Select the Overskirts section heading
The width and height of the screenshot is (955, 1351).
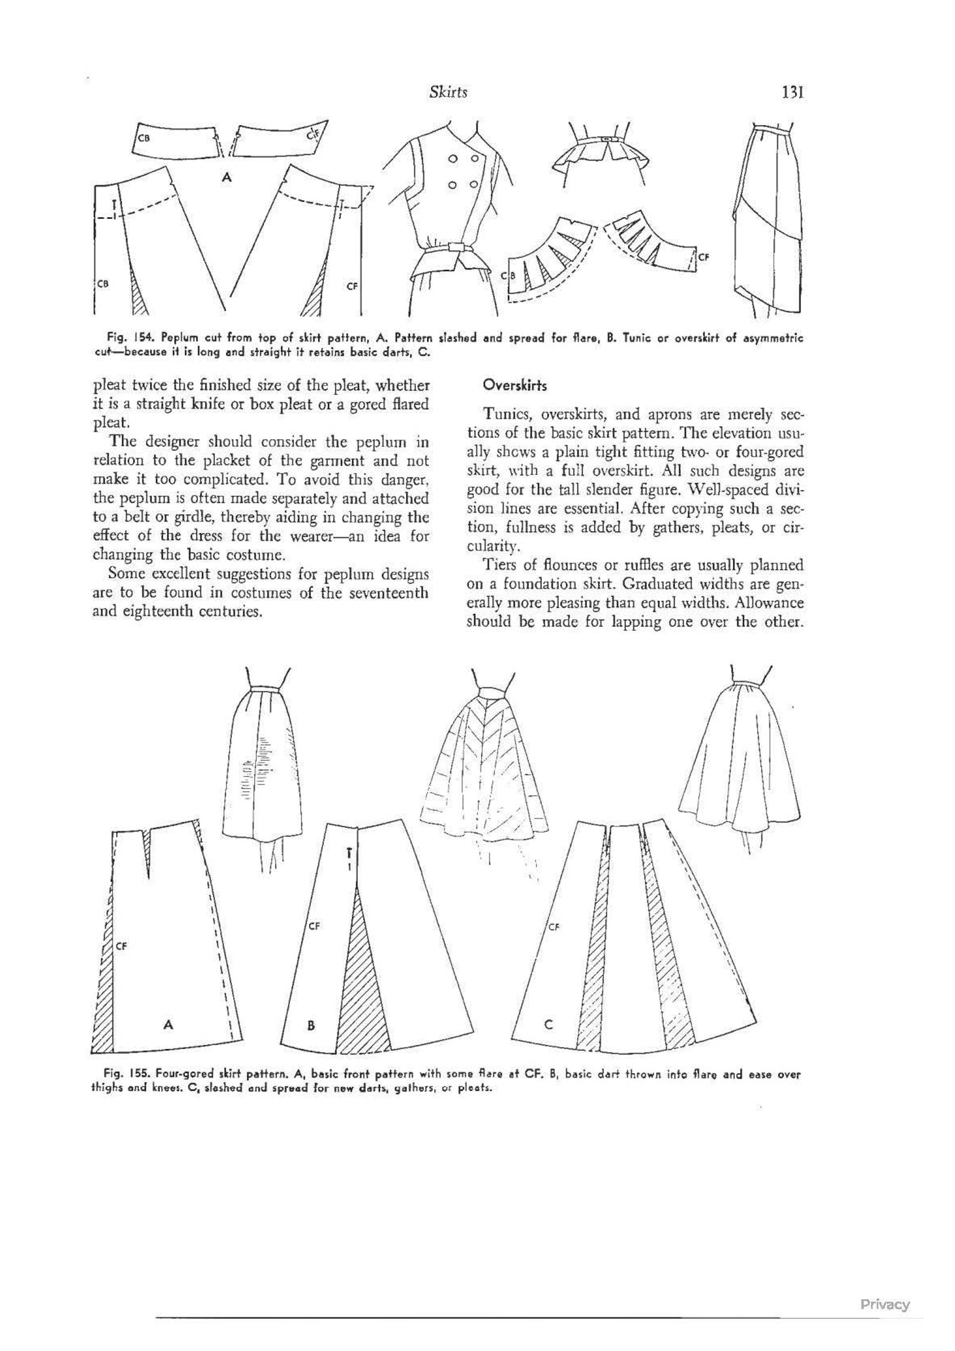(507, 386)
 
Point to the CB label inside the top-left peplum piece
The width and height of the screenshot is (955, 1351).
(143, 138)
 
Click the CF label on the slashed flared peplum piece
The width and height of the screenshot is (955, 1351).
(704, 257)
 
